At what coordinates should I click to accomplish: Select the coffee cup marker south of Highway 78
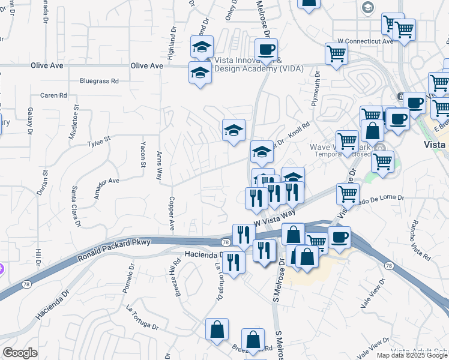pyautogui.click(x=339, y=236)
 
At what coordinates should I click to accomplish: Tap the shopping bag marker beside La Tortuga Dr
pyautogui.click(x=217, y=329)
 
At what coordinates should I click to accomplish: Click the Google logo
pyautogui.click(x=19, y=353)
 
